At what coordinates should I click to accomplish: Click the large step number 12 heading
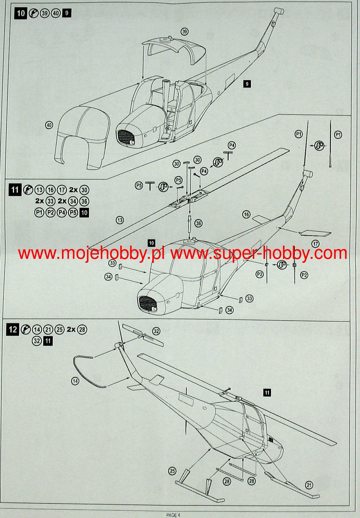click(13, 329)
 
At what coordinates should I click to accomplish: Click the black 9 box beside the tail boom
click(247, 84)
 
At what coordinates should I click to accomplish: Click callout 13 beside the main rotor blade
click(120, 220)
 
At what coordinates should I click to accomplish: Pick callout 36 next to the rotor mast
click(199, 223)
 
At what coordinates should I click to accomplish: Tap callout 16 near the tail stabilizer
click(246, 214)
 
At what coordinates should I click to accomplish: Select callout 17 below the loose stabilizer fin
click(316, 244)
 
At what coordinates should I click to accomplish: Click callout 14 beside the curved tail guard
click(75, 381)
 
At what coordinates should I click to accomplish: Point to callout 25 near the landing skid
click(172, 471)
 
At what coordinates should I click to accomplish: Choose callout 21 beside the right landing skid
click(309, 485)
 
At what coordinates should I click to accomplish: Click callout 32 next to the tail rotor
click(157, 331)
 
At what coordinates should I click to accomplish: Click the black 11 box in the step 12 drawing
click(267, 393)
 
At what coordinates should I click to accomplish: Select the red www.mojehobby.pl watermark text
click(91, 254)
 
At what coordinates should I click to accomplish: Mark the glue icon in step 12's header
click(26, 329)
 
